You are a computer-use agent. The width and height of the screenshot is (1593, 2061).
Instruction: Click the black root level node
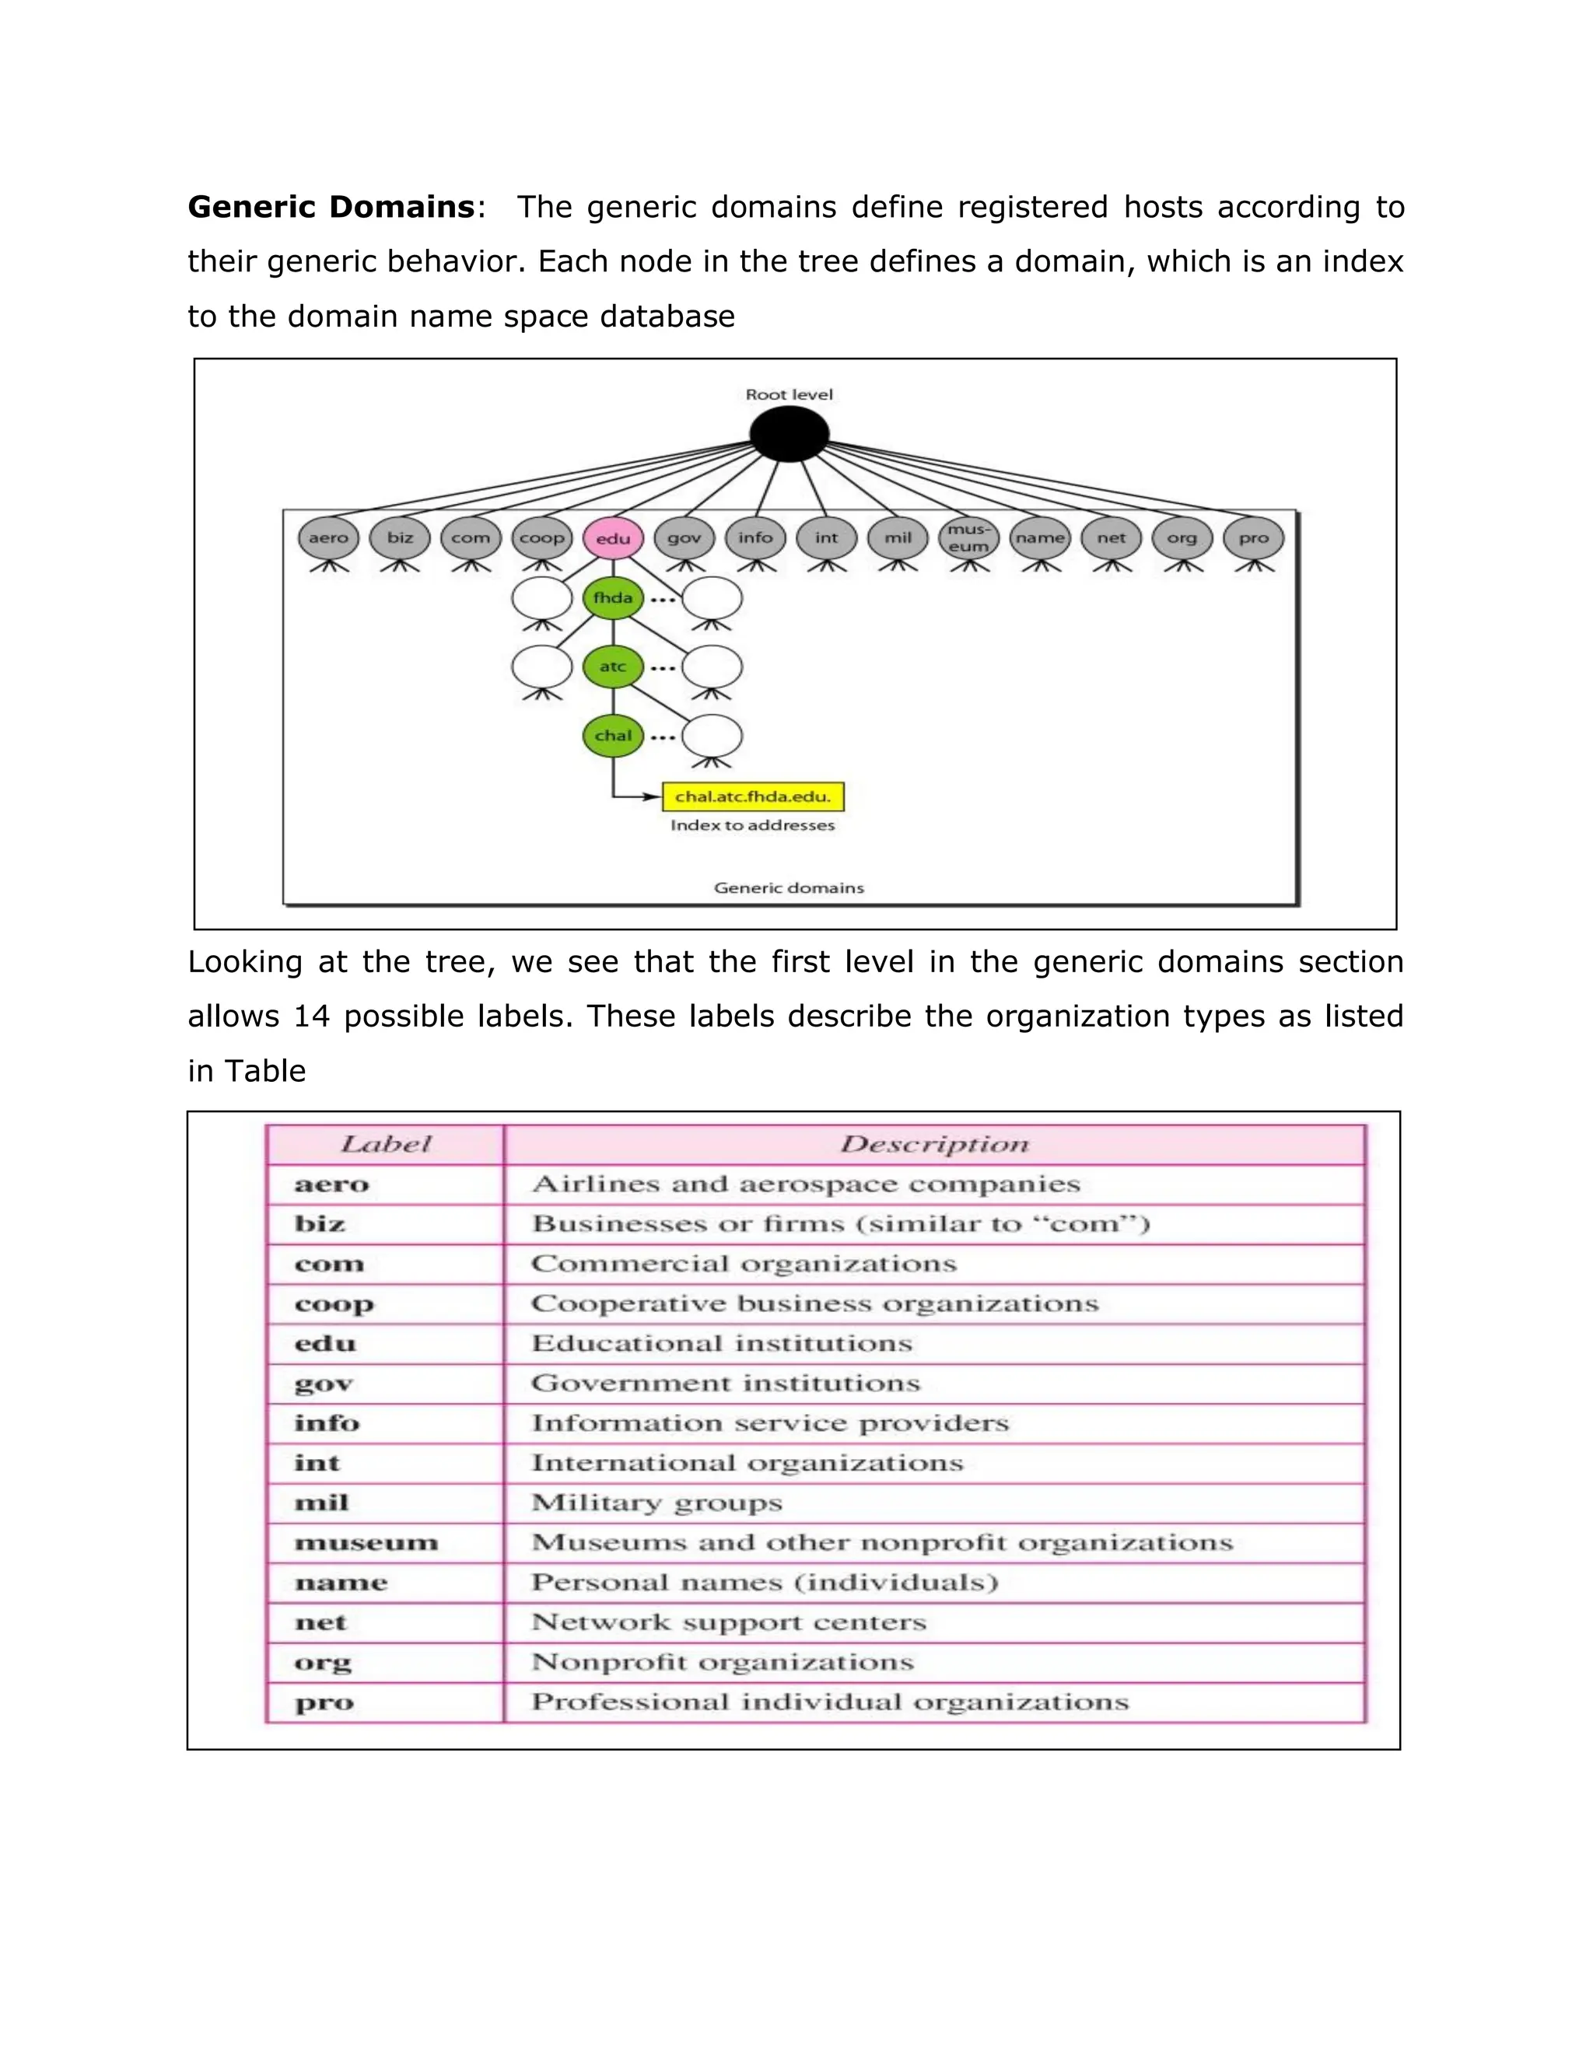[789, 434]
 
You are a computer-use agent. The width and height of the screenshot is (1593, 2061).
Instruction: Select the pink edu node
[614, 539]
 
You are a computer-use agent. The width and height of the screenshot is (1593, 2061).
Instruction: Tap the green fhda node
[614, 598]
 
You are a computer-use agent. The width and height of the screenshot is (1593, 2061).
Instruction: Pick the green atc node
[614, 667]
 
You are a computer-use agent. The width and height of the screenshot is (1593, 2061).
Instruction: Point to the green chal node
[614, 736]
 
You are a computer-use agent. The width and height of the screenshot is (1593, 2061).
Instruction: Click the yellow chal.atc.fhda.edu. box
[753, 796]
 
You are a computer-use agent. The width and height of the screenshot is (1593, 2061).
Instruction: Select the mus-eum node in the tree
[968, 539]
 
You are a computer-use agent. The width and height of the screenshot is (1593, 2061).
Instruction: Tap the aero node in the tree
[328, 539]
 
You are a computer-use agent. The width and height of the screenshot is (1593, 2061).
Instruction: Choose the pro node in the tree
[1253, 539]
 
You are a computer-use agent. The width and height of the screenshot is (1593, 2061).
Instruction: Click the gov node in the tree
[684, 539]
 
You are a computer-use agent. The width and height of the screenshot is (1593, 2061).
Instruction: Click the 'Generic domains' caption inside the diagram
[789, 888]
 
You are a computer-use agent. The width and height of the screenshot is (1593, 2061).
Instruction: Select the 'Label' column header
[385, 1145]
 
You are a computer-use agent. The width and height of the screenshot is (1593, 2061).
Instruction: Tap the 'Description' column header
[934, 1145]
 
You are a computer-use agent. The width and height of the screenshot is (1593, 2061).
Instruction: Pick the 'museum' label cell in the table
[366, 1543]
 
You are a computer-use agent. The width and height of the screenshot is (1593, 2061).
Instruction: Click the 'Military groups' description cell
[656, 1503]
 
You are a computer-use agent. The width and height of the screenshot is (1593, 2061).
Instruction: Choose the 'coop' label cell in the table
[334, 1304]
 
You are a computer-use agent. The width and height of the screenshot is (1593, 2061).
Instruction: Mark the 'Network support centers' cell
[729, 1623]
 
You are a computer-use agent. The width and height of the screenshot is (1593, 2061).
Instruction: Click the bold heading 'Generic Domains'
[331, 207]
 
